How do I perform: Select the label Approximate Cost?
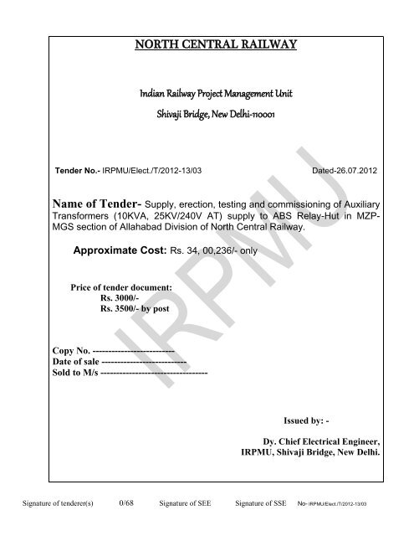[120, 250]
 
